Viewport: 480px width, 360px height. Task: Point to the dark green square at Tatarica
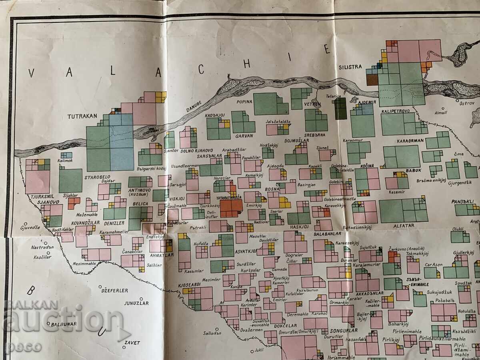pyautogui.click(x=340, y=108)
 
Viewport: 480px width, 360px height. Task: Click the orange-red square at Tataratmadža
pyautogui.click(x=231, y=208)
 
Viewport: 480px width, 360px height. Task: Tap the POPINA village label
pyautogui.click(x=244, y=102)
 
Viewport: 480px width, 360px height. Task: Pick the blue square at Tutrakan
pyautogui.click(x=121, y=142)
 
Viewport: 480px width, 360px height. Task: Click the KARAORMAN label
pyautogui.click(x=408, y=141)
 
